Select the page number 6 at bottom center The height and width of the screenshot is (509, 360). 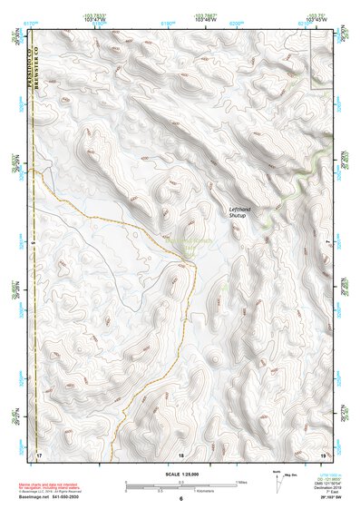click(x=180, y=499)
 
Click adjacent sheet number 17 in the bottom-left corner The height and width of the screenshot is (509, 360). click(x=39, y=454)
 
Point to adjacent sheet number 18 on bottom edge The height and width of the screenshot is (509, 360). click(x=180, y=454)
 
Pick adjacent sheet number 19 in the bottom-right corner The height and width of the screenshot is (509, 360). click(x=322, y=454)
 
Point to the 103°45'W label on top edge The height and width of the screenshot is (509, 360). click(x=316, y=17)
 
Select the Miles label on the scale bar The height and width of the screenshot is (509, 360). click(x=242, y=481)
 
